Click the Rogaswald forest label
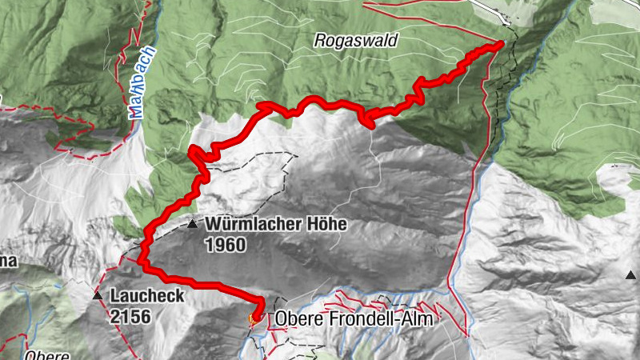pyautogui.click(x=356, y=40)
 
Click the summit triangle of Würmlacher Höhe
pyautogui.click(x=192, y=226)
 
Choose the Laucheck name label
pyautogui.click(x=149, y=296)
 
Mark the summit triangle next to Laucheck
pyautogui.click(x=98, y=297)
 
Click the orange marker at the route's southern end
pyautogui.click(x=255, y=320)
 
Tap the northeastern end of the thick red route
pyautogui.click(x=501, y=43)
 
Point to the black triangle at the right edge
pyautogui.click(x=631, y=276)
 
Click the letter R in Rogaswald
pyautogui.click(x=320, y=40)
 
